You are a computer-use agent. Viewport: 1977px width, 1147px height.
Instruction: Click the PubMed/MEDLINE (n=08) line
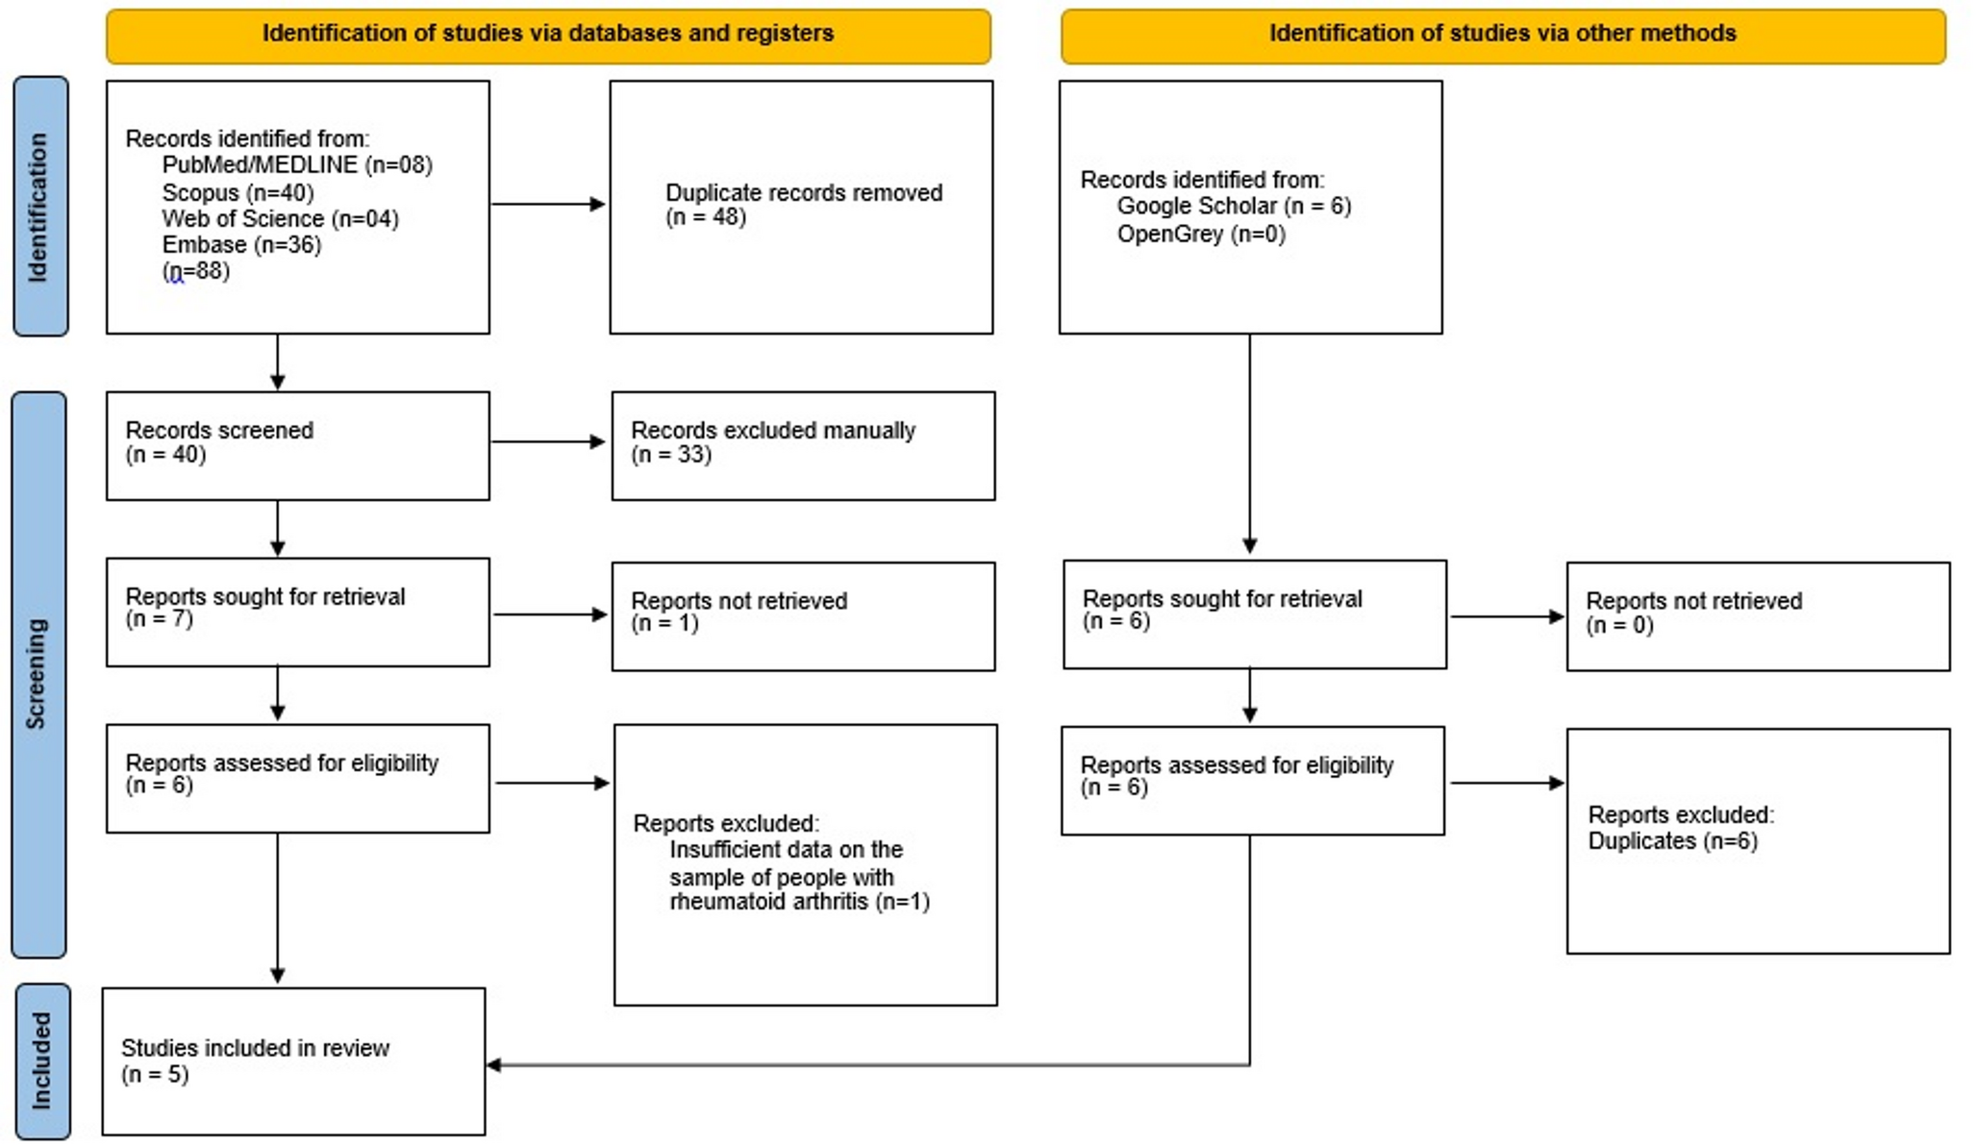[297, 165]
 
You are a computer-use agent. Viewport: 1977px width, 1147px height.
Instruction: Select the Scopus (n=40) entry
[238, 192]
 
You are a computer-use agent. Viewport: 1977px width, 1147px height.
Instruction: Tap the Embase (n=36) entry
[241, 245]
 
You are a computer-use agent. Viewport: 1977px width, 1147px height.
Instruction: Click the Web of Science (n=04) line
[280, 219]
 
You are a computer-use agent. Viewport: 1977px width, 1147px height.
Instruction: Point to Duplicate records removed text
[803, 193]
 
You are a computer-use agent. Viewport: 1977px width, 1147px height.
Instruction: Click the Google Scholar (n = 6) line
[1233, 207]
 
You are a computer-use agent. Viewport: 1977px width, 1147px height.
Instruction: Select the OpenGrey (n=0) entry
[1200, 234]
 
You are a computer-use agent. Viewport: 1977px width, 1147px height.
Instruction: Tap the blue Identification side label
[39, 207]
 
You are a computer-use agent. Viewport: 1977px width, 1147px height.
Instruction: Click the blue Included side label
[41, 1060]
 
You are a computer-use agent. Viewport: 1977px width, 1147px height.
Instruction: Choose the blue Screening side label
[38, 673]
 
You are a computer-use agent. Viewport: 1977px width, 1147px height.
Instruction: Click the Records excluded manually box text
[772, 431]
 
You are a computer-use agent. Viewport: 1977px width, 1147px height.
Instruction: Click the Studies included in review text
[255, 1048]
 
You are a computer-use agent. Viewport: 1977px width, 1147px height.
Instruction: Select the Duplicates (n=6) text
[1671, 841]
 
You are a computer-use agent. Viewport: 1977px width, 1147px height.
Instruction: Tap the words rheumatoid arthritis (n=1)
[798, 902]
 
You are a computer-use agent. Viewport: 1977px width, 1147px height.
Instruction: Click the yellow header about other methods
[1502, 35]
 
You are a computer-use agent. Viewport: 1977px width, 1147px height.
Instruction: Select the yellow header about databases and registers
[548, 35]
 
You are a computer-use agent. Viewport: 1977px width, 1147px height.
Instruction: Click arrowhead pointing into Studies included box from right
[493, 1064]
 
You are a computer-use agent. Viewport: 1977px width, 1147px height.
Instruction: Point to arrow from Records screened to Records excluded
[548, 442]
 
